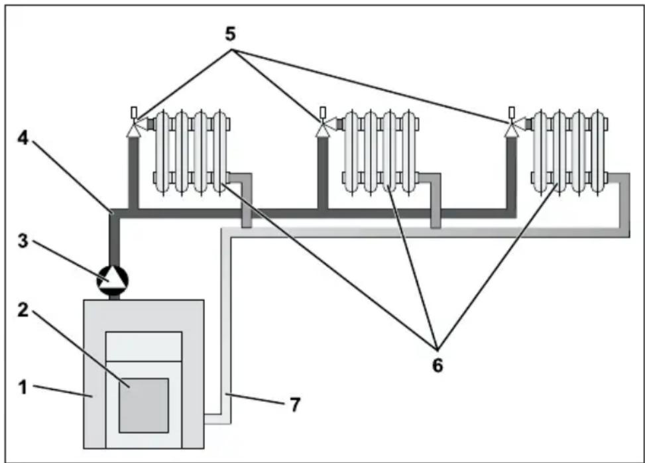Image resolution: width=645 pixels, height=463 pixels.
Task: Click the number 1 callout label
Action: (23, 387)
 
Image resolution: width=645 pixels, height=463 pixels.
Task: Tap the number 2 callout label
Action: (23, 310)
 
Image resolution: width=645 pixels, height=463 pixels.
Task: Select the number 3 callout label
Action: (23, 241)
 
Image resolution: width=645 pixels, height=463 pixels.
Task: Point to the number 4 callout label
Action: (23, 138)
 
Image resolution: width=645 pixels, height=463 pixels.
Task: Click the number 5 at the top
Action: (231, 34)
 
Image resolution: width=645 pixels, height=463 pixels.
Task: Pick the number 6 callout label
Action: (438, 365)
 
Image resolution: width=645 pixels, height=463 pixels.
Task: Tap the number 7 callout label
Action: (295, 405)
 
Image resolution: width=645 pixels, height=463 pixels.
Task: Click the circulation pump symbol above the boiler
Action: (112, 281)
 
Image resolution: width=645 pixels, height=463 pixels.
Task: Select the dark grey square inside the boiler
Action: (144, 405)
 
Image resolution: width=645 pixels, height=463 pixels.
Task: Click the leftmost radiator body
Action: (192, 152)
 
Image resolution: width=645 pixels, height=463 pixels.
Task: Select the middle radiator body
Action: (381, 152)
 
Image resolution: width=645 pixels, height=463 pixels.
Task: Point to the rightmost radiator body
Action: (569, 152)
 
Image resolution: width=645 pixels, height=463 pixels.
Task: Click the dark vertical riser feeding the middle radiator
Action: (323, 173)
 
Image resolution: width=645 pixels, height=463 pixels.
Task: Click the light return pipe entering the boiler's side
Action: (217, 419)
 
